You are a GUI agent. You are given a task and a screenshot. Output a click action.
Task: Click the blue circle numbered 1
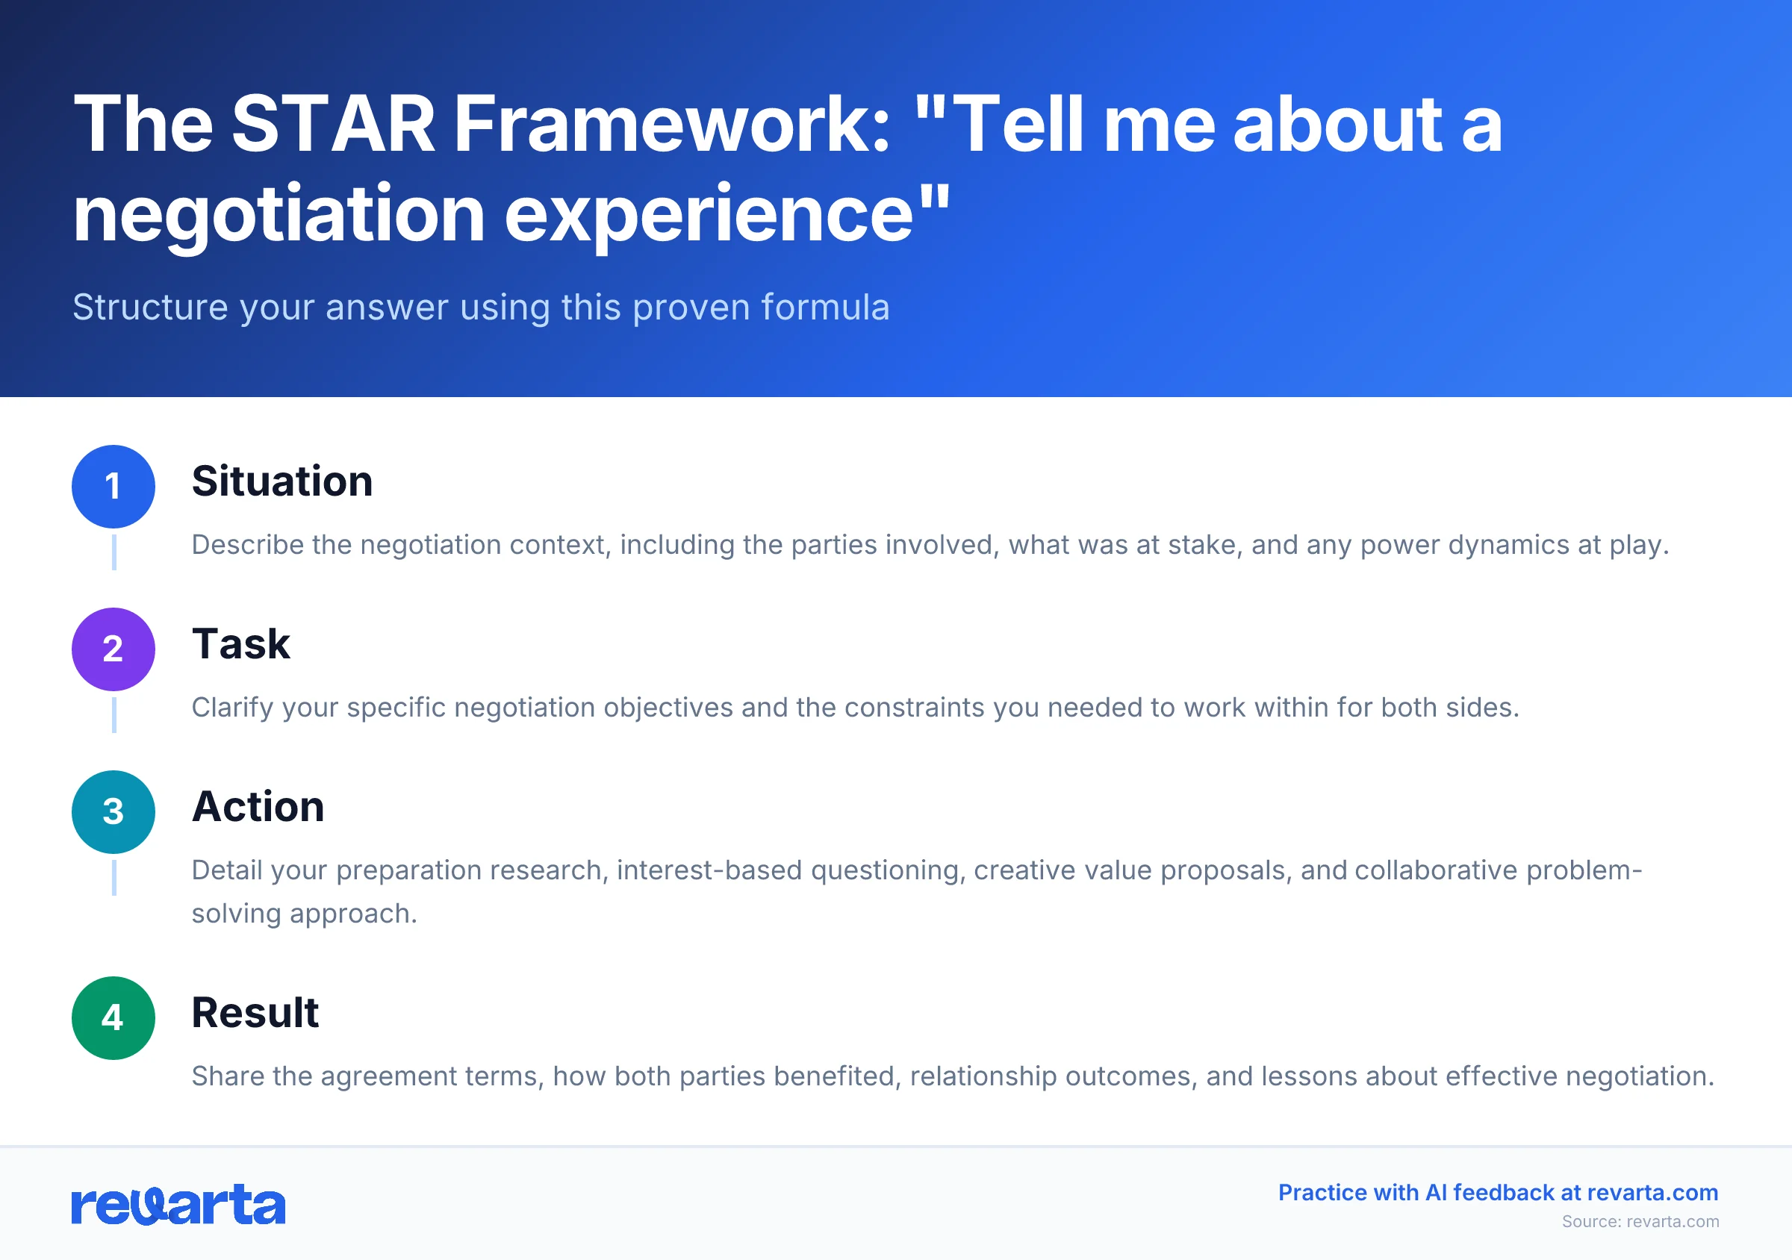pos(113,487)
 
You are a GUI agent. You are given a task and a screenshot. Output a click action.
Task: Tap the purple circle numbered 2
pos(113,649)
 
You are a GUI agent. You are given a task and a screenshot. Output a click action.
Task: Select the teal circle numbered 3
pos(113,812)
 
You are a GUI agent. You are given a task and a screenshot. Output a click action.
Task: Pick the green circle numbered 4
pos(113,1018)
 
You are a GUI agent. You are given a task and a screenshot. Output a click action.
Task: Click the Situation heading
pos(281,481)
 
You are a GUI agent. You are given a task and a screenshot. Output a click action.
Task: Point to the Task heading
pos(240,644)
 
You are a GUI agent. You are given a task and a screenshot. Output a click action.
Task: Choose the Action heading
pos(258,807)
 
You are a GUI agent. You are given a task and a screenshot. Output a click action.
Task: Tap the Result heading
pos(255,1013)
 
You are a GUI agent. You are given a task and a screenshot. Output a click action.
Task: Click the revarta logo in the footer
pos(178,1206)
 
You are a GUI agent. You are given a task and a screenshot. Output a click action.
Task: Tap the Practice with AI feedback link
pos(1498,1192)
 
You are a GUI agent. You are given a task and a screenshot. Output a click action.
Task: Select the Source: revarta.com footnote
pos(1640,1222)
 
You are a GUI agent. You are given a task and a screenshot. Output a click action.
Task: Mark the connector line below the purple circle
pos(114,714)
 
